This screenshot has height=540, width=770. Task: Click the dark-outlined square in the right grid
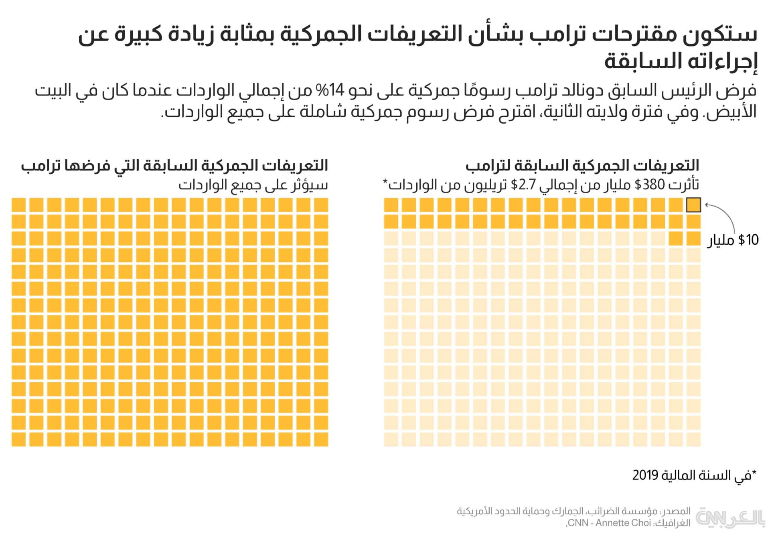coord(693,205)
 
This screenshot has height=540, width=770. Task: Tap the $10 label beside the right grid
coord(748,240)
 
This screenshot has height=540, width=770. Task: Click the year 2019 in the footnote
coord(645,475)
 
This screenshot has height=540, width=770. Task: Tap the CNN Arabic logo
coord(730,517)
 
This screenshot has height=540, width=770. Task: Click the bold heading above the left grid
coord(174,165)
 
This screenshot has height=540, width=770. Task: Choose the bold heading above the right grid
coord(582,165)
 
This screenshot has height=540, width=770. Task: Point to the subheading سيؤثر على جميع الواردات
coord(253,185)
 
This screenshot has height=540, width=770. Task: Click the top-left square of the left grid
coord(18,205)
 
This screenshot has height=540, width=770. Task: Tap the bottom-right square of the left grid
coord(321,439)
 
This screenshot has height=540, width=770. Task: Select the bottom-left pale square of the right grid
coord(391,439)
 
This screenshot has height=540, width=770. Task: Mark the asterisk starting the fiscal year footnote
coord(754,473)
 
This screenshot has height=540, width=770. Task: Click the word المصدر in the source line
coord(677,511)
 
